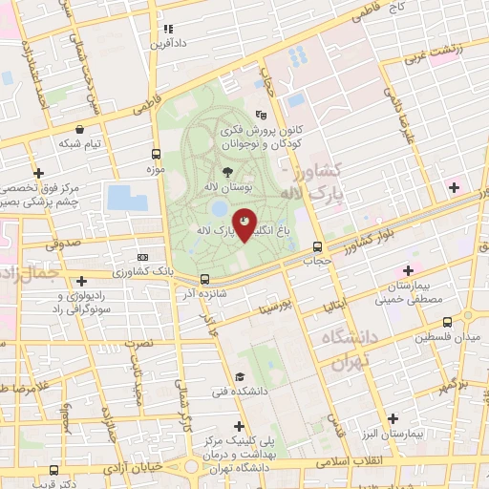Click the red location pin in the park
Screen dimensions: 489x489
click(245, 223)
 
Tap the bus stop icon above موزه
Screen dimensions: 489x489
click(156, 154)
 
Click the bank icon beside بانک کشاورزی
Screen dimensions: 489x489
click(143, 257)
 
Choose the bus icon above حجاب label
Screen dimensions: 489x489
click(317, 246)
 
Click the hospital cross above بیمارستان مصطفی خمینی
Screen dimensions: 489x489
click(409, 270)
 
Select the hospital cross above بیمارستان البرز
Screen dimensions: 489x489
click(393, 418)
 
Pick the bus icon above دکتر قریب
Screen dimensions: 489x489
click(52, 472)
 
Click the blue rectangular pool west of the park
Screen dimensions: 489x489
click(127, 198)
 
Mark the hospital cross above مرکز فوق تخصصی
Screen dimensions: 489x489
click(38, 173)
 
